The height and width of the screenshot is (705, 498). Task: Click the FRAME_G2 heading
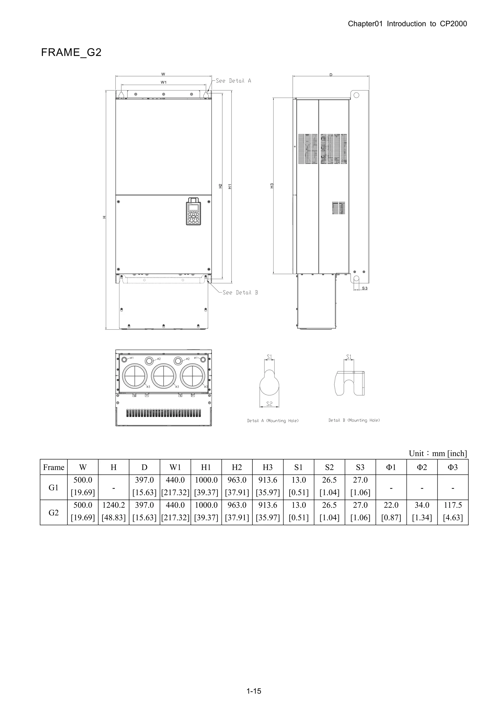pyautogui.click(x=71, y=53)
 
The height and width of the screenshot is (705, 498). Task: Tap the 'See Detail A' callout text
pyautogui.click(x=233, y=81)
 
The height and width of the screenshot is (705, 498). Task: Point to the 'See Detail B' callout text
pyautogui.click(x=240, y=293)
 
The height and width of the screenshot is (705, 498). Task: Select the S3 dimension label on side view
pyautogui.click(x=365, y=288)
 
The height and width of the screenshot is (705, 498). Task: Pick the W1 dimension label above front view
pyautogui.click(x=164, y=82)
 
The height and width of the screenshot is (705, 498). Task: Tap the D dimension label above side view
pyautogui.click(x=331, y=75)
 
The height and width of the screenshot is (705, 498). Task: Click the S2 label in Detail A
pyautogui.click(x=269, y=404)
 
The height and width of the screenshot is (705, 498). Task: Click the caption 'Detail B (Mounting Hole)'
pyautogui.click(x=354, y=420)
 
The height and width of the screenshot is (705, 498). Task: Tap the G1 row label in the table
pyautogui.click(x=54, y=488)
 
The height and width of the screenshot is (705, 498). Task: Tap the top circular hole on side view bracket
pyautogui.click(x=356, y=95)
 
